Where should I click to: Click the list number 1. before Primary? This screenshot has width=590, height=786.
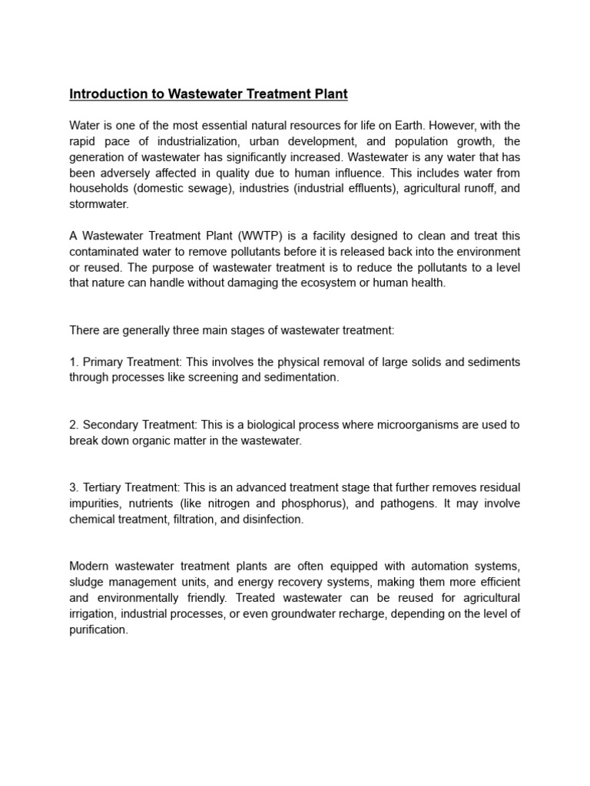[74, 362]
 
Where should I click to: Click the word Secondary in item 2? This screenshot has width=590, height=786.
[109, 424]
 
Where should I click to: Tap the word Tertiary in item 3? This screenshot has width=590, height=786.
[103, 487]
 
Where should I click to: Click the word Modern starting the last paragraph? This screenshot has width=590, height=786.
[90, 566]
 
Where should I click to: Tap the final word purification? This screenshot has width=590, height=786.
[98, 629]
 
